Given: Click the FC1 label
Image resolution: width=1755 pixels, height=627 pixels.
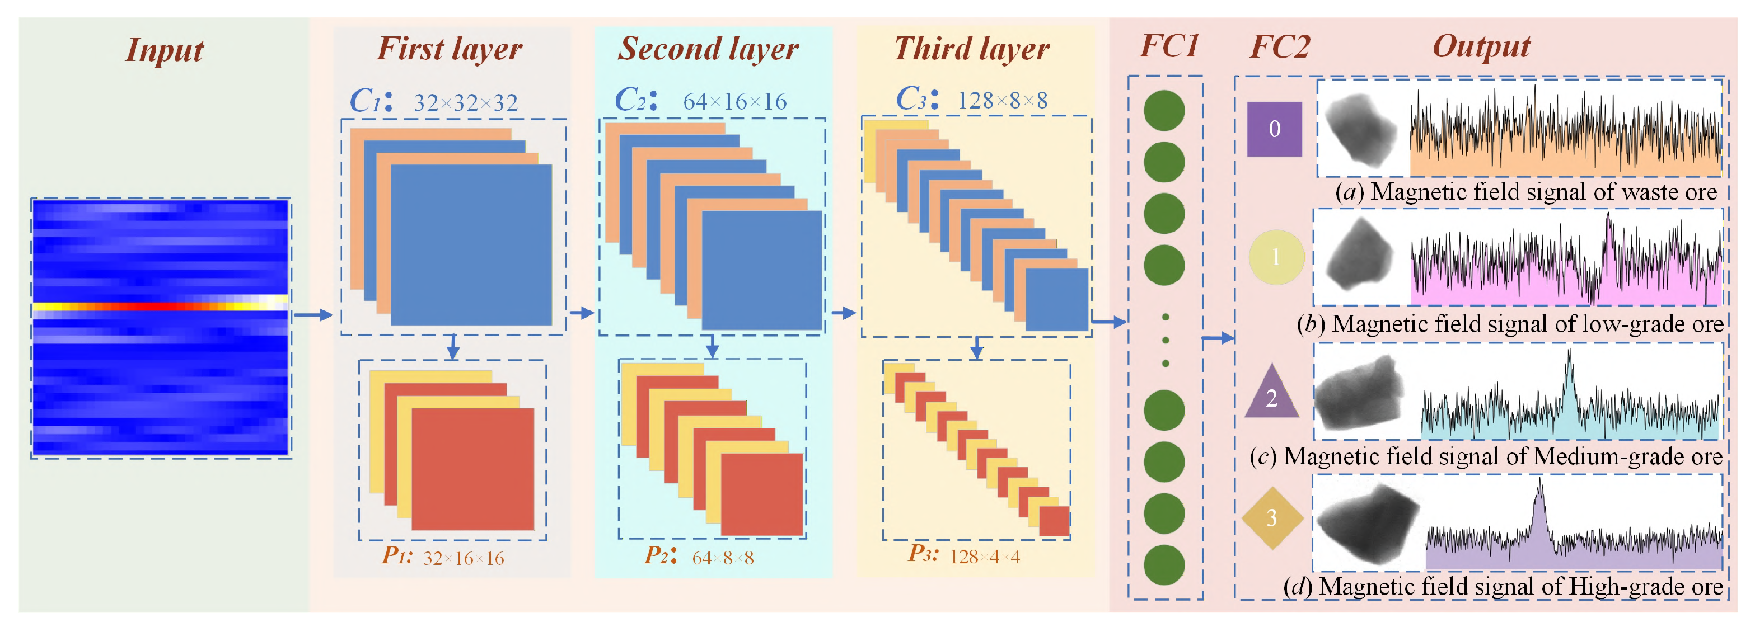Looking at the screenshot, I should [1169, 46].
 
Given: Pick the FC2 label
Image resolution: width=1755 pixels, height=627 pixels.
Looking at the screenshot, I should [1280, 46].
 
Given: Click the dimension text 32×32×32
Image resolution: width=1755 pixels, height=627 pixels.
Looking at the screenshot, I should [466, 103].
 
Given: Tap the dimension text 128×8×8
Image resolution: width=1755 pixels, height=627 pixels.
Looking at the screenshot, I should [1002, 101].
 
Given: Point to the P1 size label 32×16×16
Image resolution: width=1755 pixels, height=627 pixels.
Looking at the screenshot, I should [464, 558].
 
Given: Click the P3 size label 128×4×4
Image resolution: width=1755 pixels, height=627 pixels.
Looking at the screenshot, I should [985, 557].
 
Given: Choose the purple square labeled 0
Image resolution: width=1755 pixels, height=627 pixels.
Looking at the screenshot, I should [1274, 129].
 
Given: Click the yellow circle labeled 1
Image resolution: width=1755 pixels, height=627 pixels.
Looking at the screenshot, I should [1276, 257].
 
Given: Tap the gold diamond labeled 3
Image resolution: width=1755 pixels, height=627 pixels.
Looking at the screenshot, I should [1272, 518].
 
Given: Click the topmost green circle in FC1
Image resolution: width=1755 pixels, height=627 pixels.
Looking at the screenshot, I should [1164, 110].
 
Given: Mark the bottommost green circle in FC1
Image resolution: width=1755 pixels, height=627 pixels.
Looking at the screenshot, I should [1164, 564].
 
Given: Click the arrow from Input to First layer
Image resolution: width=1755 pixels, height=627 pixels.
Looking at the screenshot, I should [312, 314].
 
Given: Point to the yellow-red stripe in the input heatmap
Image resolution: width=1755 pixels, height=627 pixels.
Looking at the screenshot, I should [160, 306].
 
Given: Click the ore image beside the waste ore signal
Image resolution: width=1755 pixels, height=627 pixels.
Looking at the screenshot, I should [1360, 129].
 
